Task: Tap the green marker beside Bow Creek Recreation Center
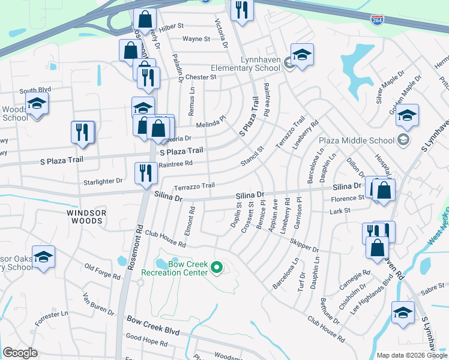click(x=218, y=268)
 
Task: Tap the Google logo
click(x=20, y=353)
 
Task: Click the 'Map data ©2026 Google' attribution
click(x=412, y=355)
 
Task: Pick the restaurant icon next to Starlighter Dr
click(x=145, y=173)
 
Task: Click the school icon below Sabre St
click(x=403, y=312)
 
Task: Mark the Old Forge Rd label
click(x=103, y=271)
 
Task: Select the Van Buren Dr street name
click(x=98, y=305)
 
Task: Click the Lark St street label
click(x=339, y=211)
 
